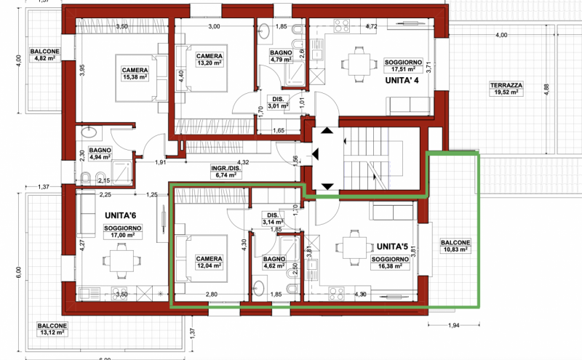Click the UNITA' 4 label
[402, 80]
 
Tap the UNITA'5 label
[392, 247]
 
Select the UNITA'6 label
[121, 215]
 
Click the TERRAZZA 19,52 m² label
[506, 89]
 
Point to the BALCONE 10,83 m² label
[455, 246]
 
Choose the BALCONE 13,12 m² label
[52, 329]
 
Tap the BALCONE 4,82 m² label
[45, 55]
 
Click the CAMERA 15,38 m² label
[135, 73]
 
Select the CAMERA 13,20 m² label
[210, 60]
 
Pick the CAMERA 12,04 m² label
[210, 262]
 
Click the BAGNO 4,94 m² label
[100, 153]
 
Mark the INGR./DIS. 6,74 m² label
[226, 172]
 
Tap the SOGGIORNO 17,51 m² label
[404, 65]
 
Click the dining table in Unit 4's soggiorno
[359, 64]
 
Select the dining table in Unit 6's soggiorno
[121, 260]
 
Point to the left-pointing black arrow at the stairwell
[315, 153]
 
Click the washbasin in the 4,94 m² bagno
[89, 132]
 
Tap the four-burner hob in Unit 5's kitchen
[337, 293]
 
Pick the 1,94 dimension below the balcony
[453, 326]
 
